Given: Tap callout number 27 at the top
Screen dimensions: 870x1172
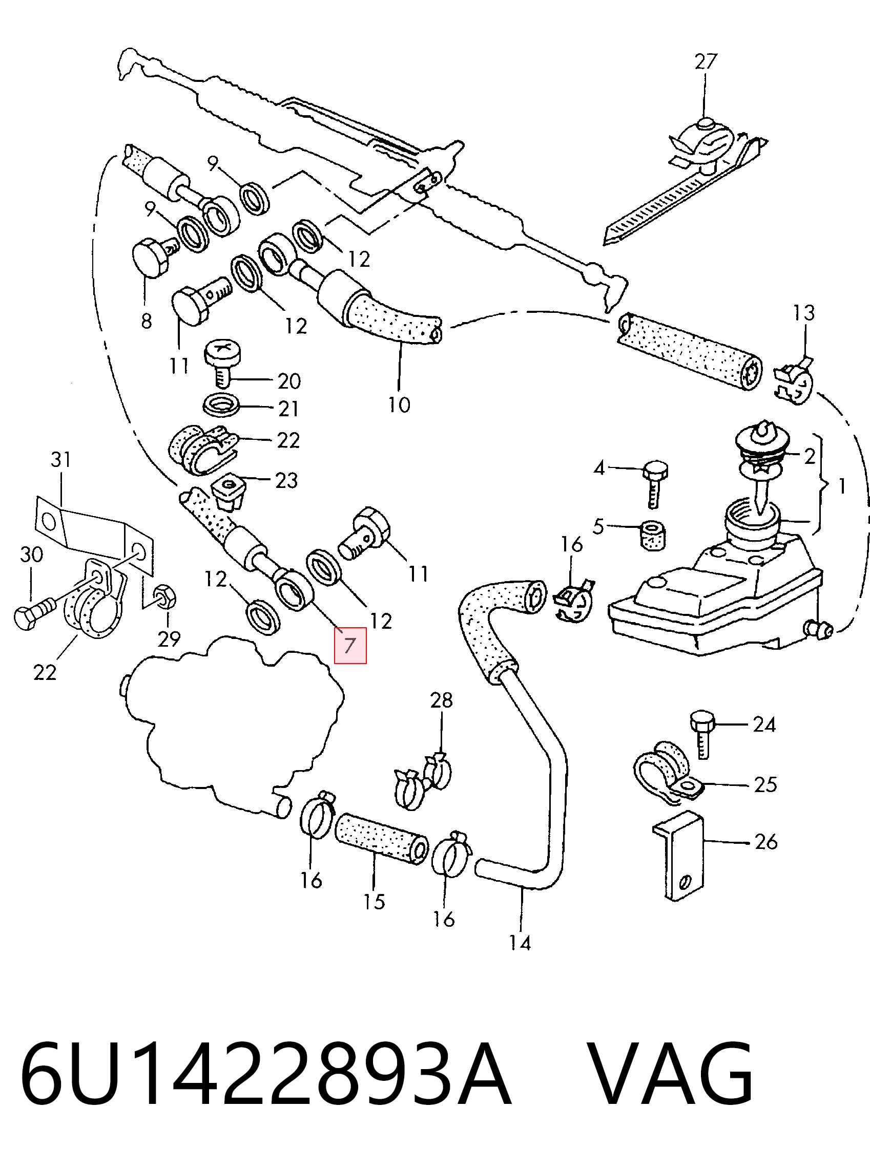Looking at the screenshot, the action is (706, 62).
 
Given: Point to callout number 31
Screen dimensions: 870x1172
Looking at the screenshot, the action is (61, 460).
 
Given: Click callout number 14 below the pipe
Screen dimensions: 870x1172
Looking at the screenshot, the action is (521, 943).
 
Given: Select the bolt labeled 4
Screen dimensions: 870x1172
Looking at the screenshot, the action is (653, 484).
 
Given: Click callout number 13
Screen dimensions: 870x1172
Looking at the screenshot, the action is (804, 313).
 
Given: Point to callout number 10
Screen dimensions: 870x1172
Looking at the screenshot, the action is (399, 405).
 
